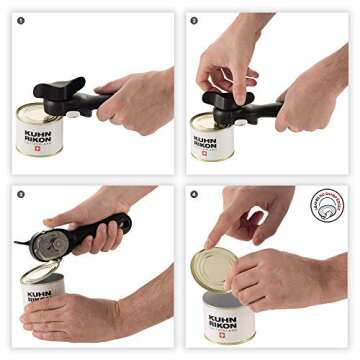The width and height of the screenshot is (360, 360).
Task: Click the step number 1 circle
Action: (x=21, y=20)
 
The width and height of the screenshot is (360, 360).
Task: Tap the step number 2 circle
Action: (x=194, y=20)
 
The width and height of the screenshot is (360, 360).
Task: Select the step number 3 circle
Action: (x=21, y=194)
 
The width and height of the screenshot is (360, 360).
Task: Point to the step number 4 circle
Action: (x=194, y=194)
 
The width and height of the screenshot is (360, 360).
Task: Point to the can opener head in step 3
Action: (x=44, y=243)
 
